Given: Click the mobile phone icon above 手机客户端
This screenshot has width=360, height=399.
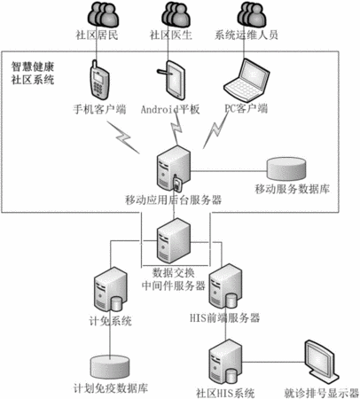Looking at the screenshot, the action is click(99, 80).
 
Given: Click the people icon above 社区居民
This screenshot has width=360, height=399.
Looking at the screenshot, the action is click(103, 15).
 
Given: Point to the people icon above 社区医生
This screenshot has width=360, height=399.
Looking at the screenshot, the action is click(176, 15).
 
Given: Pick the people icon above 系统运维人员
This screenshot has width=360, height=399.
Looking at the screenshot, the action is click(252, 15).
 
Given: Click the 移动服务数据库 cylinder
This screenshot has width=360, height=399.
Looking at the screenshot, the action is click(286, 168).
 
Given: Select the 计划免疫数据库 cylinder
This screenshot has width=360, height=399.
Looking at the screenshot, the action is click(110, 368).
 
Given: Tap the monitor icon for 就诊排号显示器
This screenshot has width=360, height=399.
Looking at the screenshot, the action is click(321, 363).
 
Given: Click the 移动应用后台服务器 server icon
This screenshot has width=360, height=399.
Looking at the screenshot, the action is click(174, 169).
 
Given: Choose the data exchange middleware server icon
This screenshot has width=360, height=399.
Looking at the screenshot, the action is click(174, 240).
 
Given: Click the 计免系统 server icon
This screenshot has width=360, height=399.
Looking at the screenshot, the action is click(111, 289).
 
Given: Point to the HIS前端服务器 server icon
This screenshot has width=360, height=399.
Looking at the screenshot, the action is click(225, 286).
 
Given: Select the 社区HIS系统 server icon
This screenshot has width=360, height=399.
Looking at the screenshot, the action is click(225, 362).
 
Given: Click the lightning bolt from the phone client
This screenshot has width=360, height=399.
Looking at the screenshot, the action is click(123, 137).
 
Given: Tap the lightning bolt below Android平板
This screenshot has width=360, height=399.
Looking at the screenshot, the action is click(176, 129).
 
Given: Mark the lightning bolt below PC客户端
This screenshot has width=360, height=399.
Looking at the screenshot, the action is click(215, 130).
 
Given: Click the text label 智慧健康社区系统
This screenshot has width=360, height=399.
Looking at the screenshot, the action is click(33, 73).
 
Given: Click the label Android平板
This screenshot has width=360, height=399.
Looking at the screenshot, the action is click(170, 109).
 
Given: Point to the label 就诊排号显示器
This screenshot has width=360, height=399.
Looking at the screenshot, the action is click(322, 393).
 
